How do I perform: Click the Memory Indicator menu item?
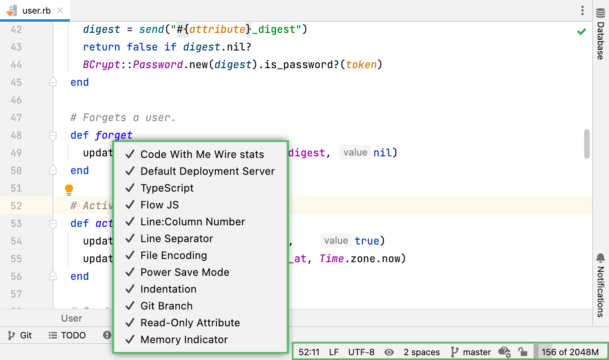[184, 340]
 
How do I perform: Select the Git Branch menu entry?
[166, 306]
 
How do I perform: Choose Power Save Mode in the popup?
[185, 272]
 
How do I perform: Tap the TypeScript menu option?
[167, 188]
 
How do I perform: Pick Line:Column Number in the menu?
[192, 222]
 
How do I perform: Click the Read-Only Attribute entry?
[190, 323]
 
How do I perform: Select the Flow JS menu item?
[159, 205]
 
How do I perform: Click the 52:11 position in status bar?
[309, 352]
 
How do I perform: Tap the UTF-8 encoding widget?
[361, 352]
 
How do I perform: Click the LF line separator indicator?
[334, 352]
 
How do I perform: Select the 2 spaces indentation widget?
[422, 352]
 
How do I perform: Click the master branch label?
[476, 352]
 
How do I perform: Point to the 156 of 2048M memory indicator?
[570, 352]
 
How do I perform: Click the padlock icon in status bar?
[522, 352]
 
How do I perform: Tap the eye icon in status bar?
[389, 352]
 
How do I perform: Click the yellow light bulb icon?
[69, 189]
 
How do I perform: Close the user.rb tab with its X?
[60, 10]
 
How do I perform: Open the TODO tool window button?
[67, 335]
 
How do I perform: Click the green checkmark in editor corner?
[581, 31]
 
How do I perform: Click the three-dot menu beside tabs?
[582, 10]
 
